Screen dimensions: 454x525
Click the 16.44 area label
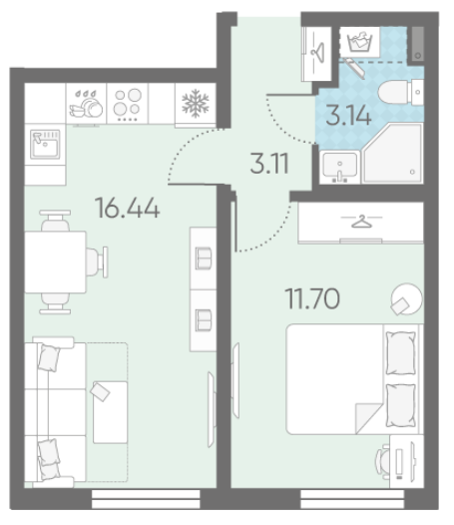point(128,208)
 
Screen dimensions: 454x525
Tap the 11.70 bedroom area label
point(312,298)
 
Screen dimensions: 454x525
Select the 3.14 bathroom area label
point(348,115)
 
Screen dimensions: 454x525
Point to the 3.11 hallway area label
point(269,164)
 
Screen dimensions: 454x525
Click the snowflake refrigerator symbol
point(196,103)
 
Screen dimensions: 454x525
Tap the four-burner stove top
point(128,103)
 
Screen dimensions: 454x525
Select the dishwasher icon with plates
point(86,104)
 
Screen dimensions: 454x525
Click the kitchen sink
point(45,145)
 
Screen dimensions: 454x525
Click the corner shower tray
point(394,154)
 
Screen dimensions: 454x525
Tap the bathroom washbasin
point(340,167)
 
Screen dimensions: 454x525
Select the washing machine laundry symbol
point(360,42)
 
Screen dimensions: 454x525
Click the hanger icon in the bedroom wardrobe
point(361,222)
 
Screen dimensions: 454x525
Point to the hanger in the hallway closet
point(317,53)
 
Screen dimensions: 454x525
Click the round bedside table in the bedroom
point(407,299)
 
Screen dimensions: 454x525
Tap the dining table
point(55,262)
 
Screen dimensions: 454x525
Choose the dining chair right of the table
point(97,262)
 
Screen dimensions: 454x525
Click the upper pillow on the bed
point(401,352)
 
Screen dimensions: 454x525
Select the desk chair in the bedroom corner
point(383,461)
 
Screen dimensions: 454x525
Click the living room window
point(146,499)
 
